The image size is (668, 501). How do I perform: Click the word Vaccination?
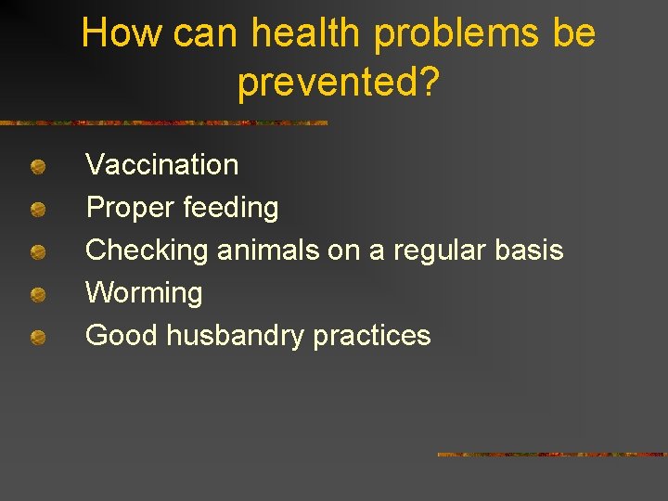click(x=161, y=165)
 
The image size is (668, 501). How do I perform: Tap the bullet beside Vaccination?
click(x=37, y=168)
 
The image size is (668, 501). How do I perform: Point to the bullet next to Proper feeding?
click(x=37, y=211)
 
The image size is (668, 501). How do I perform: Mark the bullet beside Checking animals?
click(x=37, y=253)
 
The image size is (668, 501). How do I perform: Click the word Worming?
click(x=144, y=293)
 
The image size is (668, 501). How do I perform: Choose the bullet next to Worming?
click(x=37, y=296)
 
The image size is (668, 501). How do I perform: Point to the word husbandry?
click(x=235, y=336)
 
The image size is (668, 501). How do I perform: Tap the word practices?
click(x=371, y=336)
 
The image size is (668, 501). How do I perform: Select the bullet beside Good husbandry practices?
click(x=37, y=339)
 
